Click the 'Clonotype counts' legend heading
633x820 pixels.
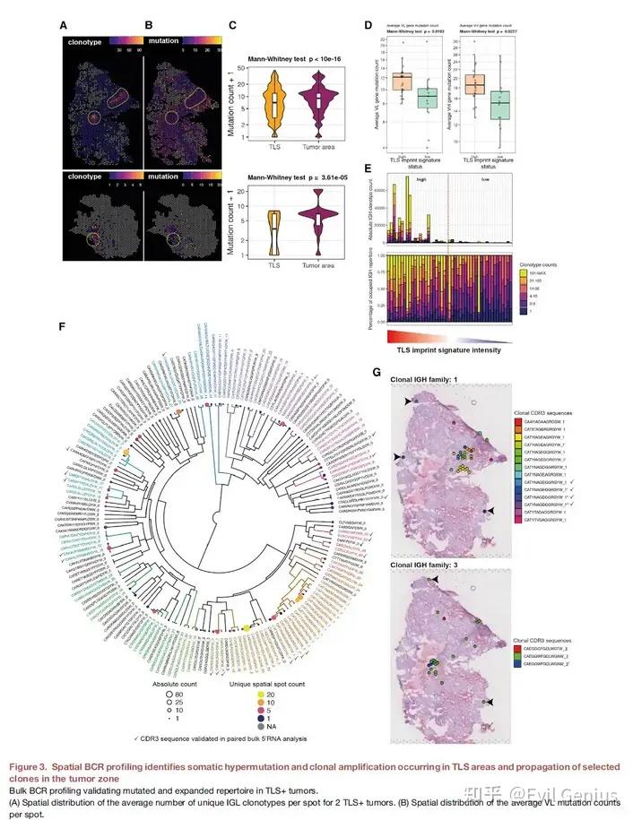[x=542, y=266]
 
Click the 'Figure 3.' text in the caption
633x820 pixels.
[x=29, y=767]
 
